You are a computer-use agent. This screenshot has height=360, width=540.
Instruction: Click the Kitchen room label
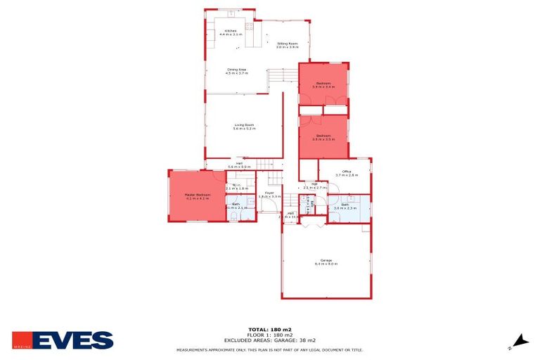[230, 31]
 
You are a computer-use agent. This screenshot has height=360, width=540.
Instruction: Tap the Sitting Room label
[287, 44]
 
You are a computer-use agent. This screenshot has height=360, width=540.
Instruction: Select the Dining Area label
[236, 69]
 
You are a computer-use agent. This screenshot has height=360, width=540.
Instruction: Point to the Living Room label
[244, 124]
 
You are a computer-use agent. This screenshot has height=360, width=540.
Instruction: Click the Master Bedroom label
[198, 194]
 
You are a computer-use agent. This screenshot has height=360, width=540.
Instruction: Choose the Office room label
[347, 171]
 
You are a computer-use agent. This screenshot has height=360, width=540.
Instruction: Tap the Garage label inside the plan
[326, 259]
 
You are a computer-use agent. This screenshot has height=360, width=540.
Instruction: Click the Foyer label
[269, 192]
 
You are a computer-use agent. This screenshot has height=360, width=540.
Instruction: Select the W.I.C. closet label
[237, 185]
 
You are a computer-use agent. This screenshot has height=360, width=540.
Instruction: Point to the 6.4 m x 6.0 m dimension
[326, 264]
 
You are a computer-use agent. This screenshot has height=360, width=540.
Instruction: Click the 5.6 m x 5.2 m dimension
[245, 129]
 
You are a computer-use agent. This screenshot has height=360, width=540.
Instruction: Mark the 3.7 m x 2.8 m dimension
[347, 175]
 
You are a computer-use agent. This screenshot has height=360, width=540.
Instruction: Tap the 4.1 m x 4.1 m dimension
[198, 198]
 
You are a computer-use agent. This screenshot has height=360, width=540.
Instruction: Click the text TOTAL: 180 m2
[269, 329]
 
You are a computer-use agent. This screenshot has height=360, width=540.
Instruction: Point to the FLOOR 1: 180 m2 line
[269, 334]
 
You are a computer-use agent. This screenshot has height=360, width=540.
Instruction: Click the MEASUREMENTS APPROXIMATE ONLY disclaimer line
[269, 349]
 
